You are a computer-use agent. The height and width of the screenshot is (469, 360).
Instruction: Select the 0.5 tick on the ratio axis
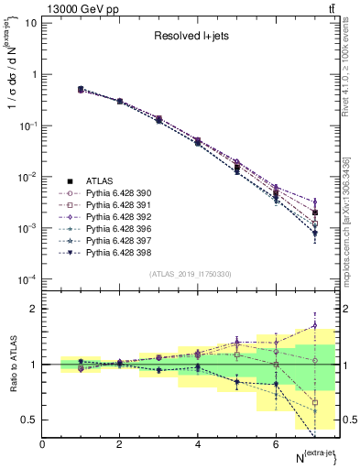click(x=27, y=420)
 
